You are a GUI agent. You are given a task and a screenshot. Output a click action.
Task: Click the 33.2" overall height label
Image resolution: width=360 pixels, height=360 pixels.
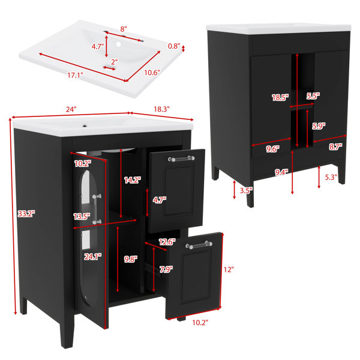pos(26,214)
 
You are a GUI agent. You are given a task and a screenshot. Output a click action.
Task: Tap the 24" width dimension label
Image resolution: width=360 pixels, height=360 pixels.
pos(71,109)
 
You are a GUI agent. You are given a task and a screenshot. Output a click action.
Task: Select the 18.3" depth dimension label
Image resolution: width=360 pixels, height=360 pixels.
pos(161,109)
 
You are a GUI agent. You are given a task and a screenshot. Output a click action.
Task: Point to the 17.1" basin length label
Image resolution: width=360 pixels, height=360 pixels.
pos(75,75)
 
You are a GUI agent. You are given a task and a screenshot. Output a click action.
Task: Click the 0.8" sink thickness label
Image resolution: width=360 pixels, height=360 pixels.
pos(174,46)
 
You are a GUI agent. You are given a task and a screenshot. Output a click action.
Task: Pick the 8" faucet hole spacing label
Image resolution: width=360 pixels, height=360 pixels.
pos(124,29)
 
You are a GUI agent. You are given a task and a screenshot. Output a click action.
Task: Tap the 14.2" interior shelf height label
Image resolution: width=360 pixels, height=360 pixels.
pos(133,180)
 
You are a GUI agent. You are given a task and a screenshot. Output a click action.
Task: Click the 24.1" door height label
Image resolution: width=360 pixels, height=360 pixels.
pos(92,256)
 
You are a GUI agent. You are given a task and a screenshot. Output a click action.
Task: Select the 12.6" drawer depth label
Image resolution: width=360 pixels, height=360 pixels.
pos(167,242)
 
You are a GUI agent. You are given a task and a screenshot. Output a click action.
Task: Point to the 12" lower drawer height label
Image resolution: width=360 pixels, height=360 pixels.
pos(229,269)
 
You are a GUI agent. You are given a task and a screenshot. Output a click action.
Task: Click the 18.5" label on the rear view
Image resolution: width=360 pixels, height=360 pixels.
pos(280,98)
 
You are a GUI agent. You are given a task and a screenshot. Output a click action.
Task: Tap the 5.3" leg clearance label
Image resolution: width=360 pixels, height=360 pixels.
pos(331,177)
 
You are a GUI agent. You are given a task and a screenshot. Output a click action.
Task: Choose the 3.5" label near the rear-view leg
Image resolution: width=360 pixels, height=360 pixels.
pos(246,190)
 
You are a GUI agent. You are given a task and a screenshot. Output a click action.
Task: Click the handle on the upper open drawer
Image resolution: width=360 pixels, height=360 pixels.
pos(181,158)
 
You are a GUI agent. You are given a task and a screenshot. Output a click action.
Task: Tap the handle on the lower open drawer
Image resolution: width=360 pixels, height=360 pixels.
pos(199,245)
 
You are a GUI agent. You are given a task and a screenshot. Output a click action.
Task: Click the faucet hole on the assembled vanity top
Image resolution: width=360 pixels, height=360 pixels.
pos(85,126)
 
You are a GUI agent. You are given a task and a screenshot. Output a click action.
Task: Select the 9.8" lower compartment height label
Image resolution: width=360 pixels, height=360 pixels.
pos(131,259)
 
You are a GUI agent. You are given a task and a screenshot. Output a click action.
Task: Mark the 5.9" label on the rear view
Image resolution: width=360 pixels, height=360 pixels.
pos(319,126)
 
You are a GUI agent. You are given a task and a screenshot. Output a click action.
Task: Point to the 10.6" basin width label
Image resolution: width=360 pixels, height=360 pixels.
pos(152,73)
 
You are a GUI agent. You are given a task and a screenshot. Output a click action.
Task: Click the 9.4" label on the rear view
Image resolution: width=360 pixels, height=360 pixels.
pos(281,172)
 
